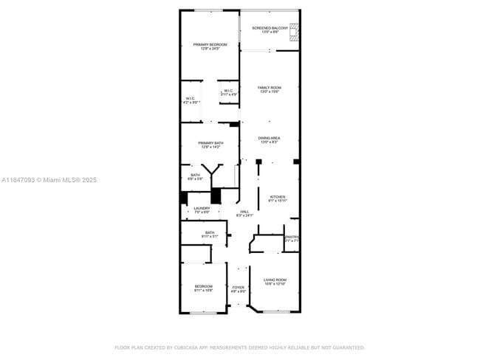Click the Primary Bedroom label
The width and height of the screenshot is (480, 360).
(210, 46)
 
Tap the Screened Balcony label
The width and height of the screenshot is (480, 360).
(270, 30)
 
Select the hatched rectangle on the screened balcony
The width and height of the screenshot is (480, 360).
(295, 30)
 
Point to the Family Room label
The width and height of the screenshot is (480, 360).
(269, 89)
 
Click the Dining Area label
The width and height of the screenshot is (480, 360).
(269, 140)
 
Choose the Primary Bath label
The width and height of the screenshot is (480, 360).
(210, 145)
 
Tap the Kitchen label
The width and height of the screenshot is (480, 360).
(277, 198)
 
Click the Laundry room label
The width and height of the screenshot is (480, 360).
(202, 210)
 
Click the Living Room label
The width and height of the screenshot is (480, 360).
(275, 282)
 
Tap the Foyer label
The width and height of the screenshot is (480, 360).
(238, 289)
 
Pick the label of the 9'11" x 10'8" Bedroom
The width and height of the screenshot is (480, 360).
(203, 288)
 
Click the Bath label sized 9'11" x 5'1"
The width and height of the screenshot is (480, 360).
(210, 235)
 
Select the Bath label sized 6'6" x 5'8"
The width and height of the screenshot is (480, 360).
(194, 177)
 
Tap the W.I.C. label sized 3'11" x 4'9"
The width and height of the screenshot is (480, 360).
(229, 92)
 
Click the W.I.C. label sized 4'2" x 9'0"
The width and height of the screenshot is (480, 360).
(191, 100)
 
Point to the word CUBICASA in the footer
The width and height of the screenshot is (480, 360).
(191, 347)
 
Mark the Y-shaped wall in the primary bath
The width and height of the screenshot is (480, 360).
(213, 170)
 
